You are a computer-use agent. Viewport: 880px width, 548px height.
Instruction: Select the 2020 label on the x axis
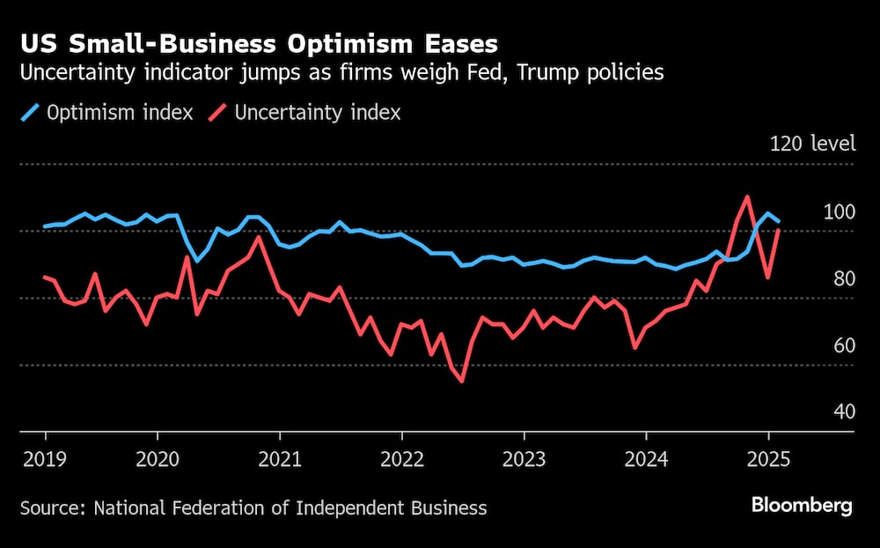(158, 458)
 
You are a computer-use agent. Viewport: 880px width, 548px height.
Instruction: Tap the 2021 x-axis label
(280, 458)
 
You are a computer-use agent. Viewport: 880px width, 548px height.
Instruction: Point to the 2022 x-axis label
(402, 458)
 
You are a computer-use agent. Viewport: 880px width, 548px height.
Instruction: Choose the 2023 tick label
(524, 458)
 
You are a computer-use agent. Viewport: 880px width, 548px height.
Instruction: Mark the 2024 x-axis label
(647, 458)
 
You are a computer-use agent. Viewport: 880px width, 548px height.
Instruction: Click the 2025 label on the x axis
(769, 458)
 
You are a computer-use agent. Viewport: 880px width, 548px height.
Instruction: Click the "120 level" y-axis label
(812, 144)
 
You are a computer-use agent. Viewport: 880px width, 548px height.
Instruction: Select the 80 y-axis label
(843, 278)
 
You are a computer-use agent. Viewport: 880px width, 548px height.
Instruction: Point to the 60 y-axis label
(843, 344)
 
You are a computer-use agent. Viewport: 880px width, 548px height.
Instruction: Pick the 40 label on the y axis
(843, 411)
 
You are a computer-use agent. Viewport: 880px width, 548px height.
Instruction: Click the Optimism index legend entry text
(120, 113)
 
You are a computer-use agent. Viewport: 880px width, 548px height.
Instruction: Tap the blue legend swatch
(31, 113)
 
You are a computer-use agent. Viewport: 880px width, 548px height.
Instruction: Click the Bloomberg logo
(802, 506)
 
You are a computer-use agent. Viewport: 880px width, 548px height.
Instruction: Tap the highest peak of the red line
(747, 197)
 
